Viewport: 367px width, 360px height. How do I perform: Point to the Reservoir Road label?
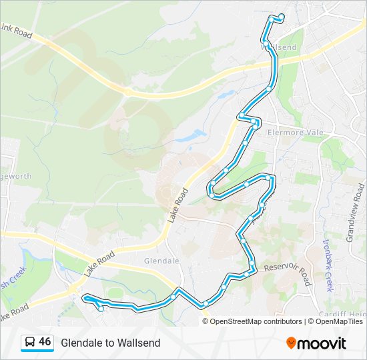288,273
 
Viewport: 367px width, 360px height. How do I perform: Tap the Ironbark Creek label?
328,265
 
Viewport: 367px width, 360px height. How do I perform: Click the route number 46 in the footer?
45,342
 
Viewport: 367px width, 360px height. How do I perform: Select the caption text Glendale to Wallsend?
110,343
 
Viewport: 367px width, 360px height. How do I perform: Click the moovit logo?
316,343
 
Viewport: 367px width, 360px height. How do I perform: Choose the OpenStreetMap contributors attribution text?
256,321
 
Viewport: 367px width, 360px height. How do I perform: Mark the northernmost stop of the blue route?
282,16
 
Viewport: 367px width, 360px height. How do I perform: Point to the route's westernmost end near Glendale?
85,299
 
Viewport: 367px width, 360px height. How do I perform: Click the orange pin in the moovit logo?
291,343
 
